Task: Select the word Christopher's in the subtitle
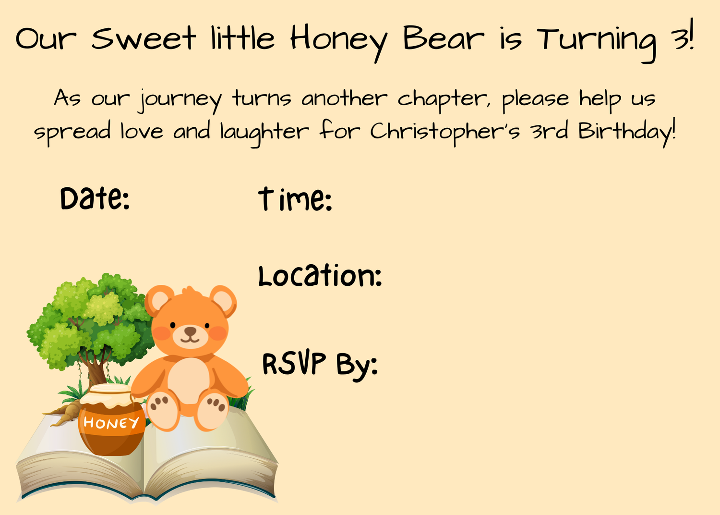[x=444, y=131]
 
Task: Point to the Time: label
[x=295, y=199]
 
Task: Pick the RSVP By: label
[x=320, y=364]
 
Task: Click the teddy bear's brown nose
[x=191, y=331]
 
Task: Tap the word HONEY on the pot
[x=111, y=423]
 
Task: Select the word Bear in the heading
[x=443, y=38]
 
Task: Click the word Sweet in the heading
[x=143, y=38]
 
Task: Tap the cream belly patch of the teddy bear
[x=189, y=380]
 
